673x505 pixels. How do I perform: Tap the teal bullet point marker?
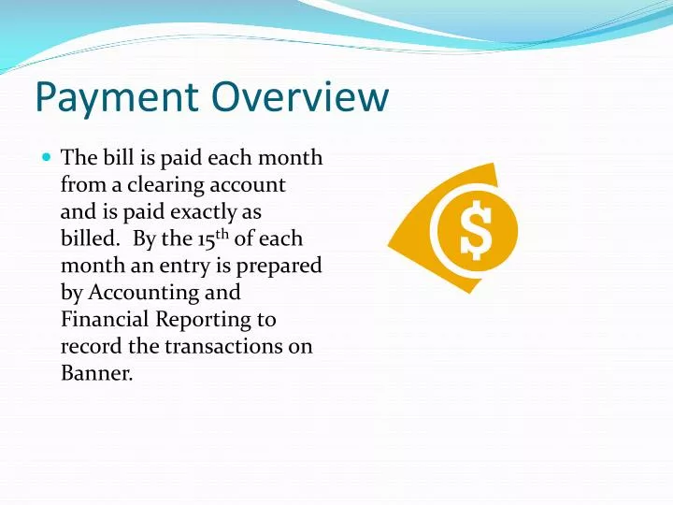(47, 158)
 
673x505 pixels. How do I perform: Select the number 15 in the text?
(206, 240)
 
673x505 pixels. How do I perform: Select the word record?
(87, 347)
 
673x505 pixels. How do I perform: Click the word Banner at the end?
(94, 374)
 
